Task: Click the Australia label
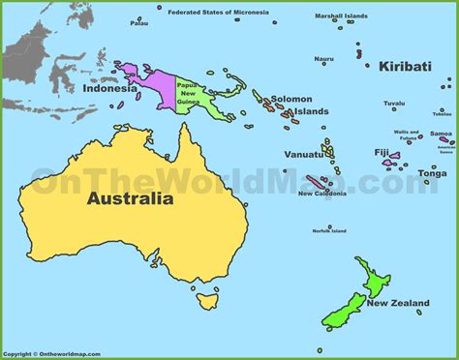point(130,199)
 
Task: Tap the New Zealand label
point(397,304)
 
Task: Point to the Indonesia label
point(110,89)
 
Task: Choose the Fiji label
point(381,153)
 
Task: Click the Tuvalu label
point(393,103)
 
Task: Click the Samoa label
point(441,134)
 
